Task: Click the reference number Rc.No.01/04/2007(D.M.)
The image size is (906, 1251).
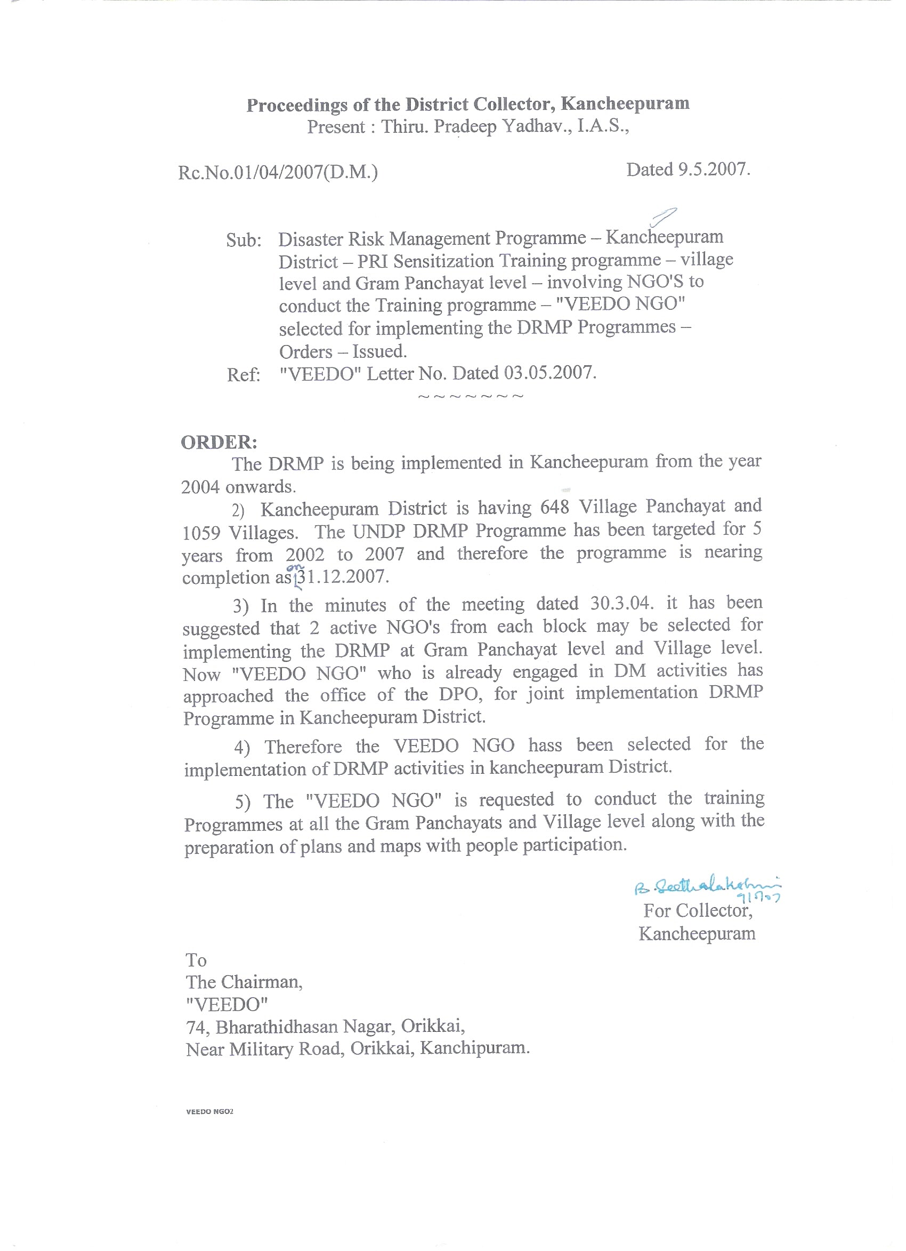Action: [278, 173]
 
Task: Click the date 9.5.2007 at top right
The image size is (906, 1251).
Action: [714, 170]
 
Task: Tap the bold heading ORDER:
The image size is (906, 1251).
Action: [219, 442]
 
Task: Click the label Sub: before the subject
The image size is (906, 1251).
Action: [243, 240]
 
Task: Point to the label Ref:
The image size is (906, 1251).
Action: [243, 375]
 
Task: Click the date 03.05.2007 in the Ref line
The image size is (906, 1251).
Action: [549, 373]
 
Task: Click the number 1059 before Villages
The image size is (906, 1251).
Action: [201, 533]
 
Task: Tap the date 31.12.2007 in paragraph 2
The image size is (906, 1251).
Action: [342, 577]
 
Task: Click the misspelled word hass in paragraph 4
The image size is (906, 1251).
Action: [545, 745]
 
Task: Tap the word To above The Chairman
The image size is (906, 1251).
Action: [196, 960]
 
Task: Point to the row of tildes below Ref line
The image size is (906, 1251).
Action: [471, 397]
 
